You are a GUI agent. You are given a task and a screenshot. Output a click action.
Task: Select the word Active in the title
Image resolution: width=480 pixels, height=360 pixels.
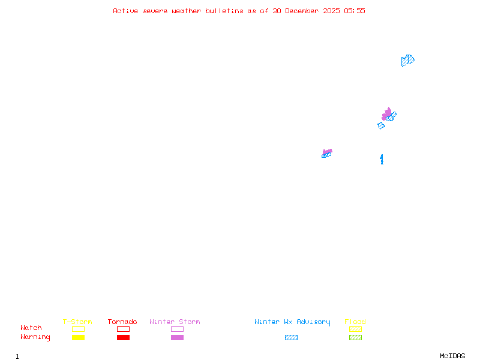coord(125,11)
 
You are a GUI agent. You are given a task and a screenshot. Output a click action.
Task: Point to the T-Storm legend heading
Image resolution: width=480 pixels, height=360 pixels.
coord(77,322)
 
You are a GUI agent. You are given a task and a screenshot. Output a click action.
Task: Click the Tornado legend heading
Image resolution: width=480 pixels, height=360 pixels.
coord(122,322)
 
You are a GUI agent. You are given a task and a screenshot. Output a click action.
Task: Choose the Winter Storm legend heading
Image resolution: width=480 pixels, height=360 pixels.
coord(175,322)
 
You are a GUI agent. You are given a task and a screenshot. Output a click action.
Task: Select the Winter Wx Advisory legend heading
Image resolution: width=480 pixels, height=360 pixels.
coord(292,322)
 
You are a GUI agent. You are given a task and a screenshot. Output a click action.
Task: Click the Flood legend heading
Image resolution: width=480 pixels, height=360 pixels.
coord(355,322)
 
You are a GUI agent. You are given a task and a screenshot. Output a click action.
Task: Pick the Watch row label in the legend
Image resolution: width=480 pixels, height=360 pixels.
coord(31,328)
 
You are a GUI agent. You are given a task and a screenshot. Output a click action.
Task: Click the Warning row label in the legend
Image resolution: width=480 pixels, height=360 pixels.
coord(35,337)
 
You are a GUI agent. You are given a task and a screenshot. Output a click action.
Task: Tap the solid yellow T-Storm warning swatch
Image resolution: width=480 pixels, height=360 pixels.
coord(78,338)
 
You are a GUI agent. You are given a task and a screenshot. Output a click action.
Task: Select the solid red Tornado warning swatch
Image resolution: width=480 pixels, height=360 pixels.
coord(123,338)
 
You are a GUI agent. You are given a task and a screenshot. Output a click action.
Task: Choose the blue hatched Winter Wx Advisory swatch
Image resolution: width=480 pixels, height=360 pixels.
coord(291,338)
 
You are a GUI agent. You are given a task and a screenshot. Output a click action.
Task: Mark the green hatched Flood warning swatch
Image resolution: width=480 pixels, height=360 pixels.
coord(355,338)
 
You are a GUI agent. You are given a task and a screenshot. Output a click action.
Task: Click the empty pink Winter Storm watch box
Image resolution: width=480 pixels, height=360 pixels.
coord(177,329)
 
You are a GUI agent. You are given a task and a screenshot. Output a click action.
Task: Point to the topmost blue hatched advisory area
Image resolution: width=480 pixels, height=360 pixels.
coord(407,60)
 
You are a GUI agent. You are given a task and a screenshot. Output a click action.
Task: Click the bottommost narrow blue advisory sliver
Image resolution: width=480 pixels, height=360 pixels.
coord(382,159)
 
